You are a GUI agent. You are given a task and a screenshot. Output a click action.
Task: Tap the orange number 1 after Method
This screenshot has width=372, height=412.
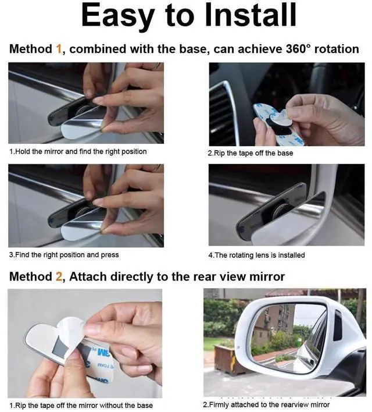59,49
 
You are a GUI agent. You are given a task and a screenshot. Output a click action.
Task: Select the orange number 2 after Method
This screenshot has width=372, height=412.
59,276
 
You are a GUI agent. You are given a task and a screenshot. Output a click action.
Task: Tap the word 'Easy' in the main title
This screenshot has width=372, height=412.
117,16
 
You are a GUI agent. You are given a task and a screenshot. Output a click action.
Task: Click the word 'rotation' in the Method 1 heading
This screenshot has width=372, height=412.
337,49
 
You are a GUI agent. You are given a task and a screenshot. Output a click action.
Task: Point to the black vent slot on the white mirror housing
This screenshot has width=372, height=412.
338,325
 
